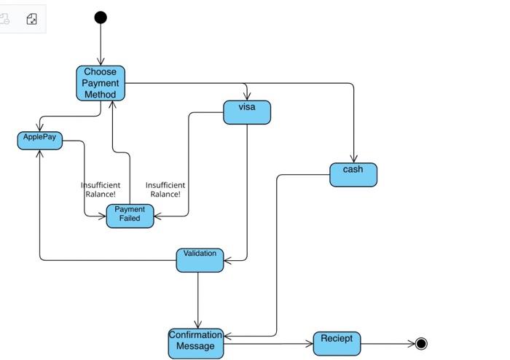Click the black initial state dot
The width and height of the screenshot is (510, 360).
click(x=101, y=17)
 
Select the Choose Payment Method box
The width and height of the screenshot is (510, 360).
click(x=101, y=83)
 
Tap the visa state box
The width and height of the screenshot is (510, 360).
click(x=247, y=112)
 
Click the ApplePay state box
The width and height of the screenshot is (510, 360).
click(x=39, y=140)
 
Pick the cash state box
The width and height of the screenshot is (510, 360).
click(x=353, y=174)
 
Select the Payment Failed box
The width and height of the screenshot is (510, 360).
click(x=130, y=216)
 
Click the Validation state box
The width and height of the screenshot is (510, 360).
click(x=200, y=259)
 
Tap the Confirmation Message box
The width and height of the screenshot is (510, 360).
click(x=195, y=343)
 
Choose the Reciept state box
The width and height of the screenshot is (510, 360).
click(x=337, y=343)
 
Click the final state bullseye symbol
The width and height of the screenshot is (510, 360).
click(x=420, y=344)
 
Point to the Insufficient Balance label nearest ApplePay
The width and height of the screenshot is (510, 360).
click(x=101, y=189)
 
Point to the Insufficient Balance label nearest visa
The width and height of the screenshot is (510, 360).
click(x=165, y=189)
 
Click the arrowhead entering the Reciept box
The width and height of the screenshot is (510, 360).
click(x=309, y=344)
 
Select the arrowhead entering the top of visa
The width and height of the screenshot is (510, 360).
click(x=247, y=97)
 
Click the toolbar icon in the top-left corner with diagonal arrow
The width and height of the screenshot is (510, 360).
click(x=31, y=19)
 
